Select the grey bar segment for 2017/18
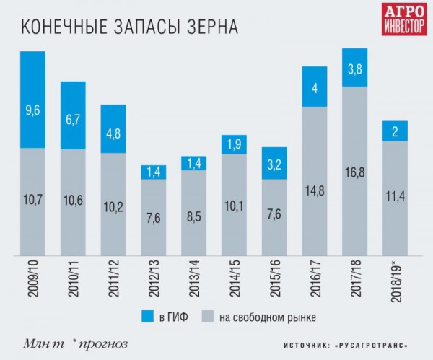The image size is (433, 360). pyautogui.click(x=355, y=171)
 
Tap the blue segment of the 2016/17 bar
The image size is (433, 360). pyautogui.click(x=315, y=87)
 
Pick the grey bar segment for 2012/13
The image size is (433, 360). pyautogui.click(x=153, y=217)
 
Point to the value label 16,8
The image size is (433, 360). pyautogui.click(x=355, y=192)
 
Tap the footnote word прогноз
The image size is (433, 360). pyautogui.click(x=110, y=341)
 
